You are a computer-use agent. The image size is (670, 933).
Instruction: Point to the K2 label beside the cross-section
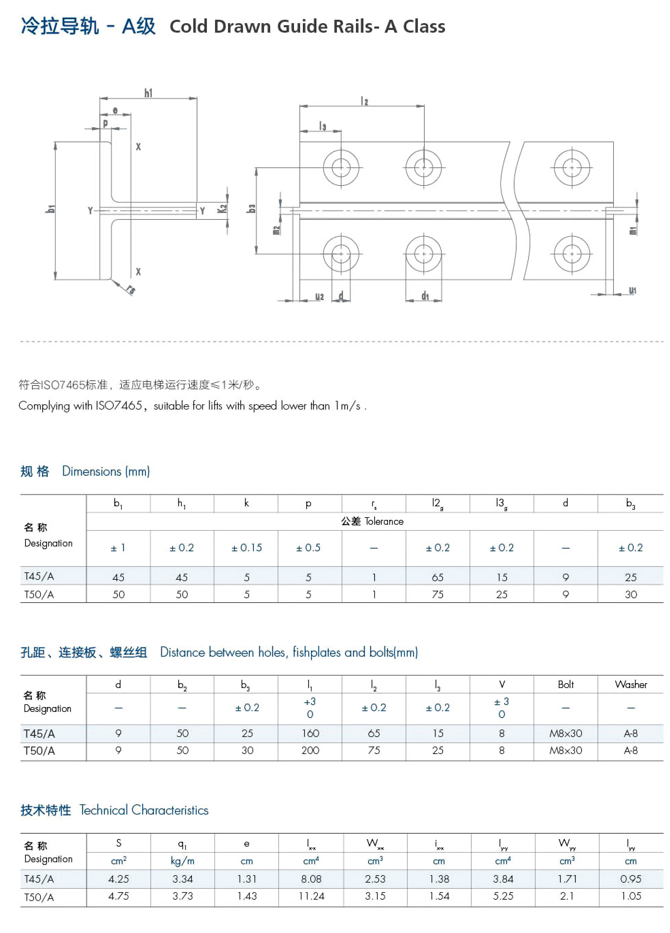tap(223, 209)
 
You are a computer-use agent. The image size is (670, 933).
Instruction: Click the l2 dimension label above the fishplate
tap(364, 101)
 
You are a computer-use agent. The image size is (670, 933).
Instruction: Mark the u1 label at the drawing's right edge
tap(632, 291)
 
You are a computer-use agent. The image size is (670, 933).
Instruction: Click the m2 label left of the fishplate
tap(276, 230)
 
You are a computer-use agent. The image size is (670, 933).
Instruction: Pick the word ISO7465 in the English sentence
tap(119, 406)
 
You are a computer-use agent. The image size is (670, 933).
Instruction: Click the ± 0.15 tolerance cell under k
tap(246, 547)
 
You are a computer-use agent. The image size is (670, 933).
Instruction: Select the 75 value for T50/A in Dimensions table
tap(437, 594)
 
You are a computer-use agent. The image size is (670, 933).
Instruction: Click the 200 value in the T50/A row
tap(310, 750)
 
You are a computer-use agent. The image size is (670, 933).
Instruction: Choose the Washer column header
tap(631, 685)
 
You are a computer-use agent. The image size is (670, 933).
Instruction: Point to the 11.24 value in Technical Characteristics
tap(311, 896)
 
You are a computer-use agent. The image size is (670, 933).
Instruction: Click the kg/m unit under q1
tap(182, 861)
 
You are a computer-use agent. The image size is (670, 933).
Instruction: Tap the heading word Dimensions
tap(92, 472)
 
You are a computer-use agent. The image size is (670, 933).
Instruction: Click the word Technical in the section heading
tap(104, 810)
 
